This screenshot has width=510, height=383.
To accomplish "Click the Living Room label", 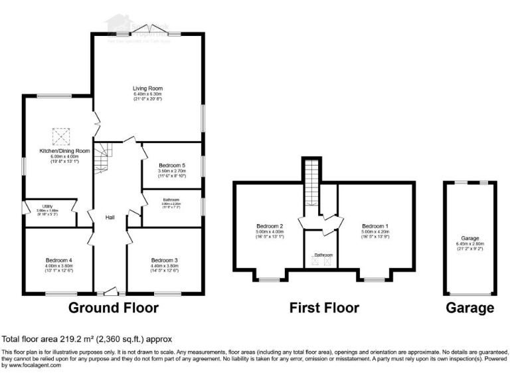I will point(147,88).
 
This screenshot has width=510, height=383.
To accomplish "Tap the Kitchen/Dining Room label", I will point(64,151).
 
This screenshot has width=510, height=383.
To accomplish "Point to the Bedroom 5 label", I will point(173,165).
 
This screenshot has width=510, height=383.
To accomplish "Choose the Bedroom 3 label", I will point(165,260).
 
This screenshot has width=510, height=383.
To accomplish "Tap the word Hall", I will point(110,216).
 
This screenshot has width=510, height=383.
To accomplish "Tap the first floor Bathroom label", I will point(323,255).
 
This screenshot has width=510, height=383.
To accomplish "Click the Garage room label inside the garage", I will point(470,237).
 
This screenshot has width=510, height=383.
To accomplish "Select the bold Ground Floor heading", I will point(114,308).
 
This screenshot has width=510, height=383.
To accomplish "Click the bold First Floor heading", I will point(324,308).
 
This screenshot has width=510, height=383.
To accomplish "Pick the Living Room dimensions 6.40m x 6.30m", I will point(147,94).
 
